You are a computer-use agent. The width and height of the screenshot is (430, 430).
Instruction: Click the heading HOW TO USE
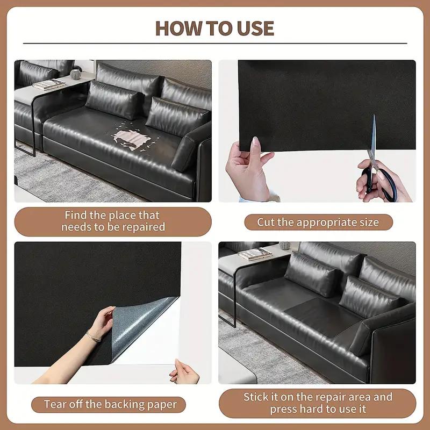tap(214, 28)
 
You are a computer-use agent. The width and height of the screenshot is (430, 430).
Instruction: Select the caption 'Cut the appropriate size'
tap(318, 222)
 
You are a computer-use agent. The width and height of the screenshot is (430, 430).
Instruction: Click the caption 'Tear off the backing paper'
tap(110, 404)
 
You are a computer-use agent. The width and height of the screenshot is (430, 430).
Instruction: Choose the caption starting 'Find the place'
tap(113, 221)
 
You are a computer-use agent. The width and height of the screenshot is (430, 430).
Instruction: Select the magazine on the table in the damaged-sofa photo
tap(48, 84)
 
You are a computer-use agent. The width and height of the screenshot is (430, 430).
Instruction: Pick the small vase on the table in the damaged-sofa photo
tap(76, 74)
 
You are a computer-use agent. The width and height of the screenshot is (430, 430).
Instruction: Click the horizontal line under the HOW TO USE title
tap(214, 43)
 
